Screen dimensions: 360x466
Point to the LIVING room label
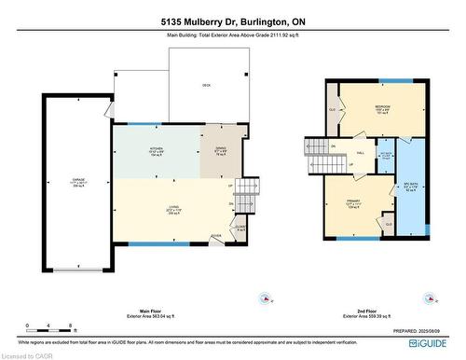point(173,211)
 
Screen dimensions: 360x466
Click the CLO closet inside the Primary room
point(389,224)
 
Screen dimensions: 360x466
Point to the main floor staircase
point(243,197)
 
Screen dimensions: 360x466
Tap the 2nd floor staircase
point(321,157)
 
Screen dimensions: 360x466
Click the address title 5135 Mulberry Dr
point(232,21)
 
